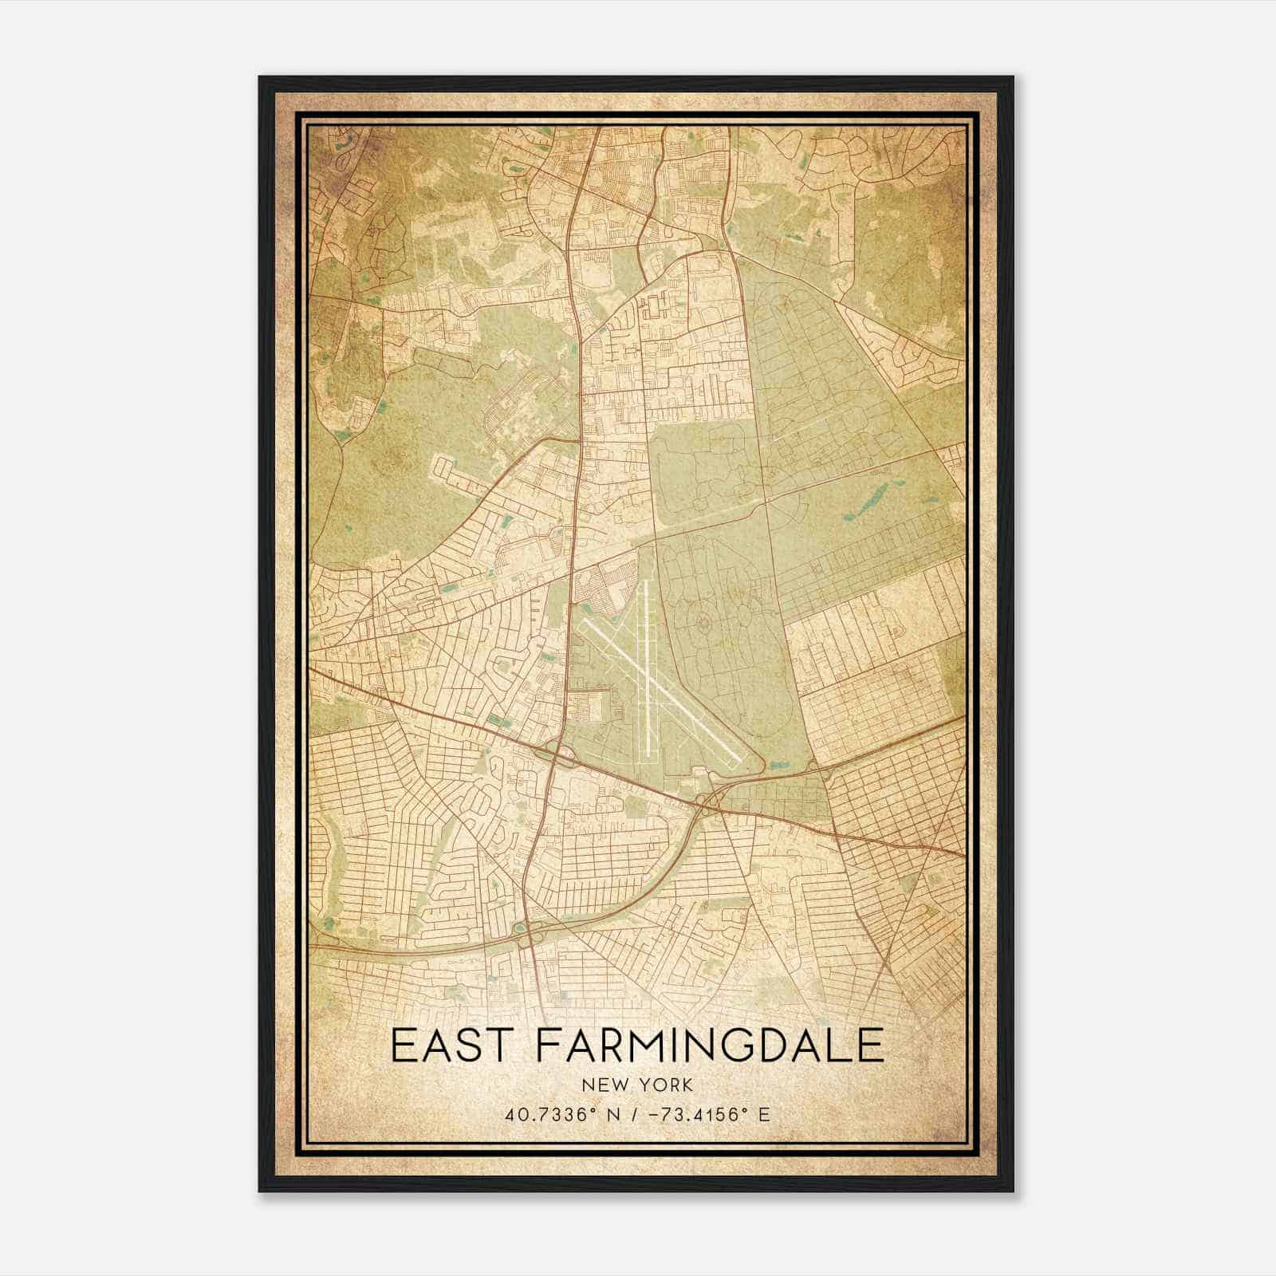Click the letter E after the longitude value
coord(764,1114)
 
